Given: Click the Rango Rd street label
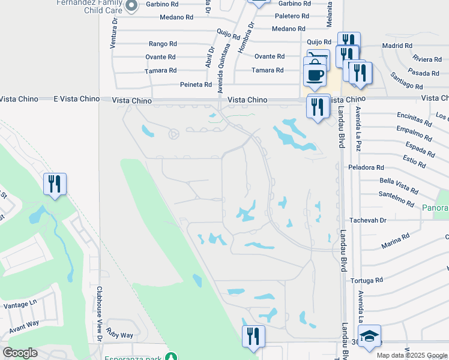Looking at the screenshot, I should point(163,44).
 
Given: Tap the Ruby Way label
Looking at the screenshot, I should point(120,335).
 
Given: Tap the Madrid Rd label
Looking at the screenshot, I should point(397,46).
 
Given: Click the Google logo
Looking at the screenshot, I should point(20,353).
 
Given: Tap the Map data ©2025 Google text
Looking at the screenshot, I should point(412,355).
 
